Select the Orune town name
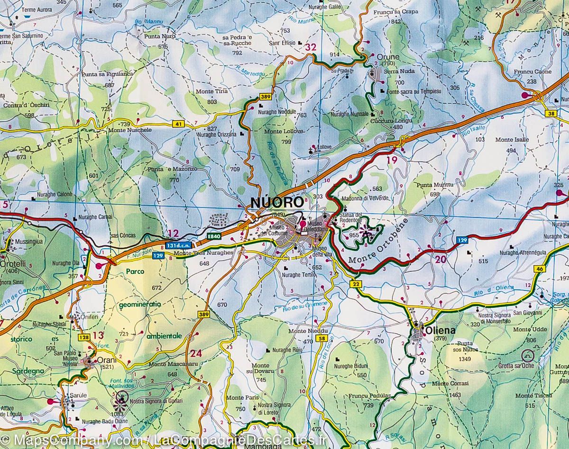pyautogui.click(x=388, y=57)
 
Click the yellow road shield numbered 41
pyautogui.click(x=178, y=124)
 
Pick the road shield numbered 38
pyautogui.click(x=550, y=113)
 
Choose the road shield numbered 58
pyautogui.click(x=322, y=338)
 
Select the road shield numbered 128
pyautogui.click(x=84, y=337)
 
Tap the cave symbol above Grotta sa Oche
pyautogui.click(x=527, y=355)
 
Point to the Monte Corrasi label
pyautogui.click(x=446, y=384)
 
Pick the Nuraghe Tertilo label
pyautogui.click(x=299, y=275)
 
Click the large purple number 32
pyautogui.click(x=311, y=47)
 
